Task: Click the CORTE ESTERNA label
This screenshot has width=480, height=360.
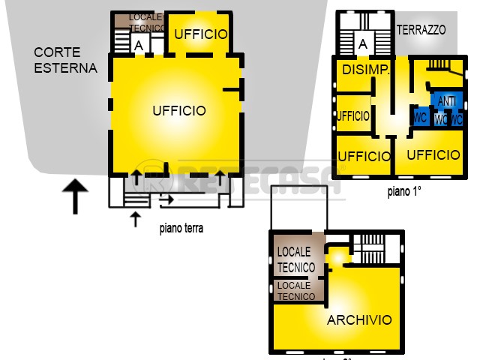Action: coord(65,61)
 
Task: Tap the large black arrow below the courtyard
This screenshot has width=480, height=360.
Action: coord(74,196)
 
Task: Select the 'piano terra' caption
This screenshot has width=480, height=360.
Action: coord(181,229)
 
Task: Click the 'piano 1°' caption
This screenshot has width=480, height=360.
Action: coord(404,191)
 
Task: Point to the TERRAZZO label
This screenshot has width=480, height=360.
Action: coord(421,31)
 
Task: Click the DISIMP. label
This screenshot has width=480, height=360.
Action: coord(365,70)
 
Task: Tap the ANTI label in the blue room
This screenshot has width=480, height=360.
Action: coord(447,101)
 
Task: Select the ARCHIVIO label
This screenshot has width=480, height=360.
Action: coord(359,320)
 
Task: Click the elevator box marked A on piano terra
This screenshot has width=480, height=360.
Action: coord(138,45)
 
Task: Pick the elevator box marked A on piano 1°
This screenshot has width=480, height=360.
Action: coord(363,44)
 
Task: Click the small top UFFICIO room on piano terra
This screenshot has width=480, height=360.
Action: coord(201,34)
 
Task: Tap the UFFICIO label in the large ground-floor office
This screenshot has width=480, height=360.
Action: coord(178,111)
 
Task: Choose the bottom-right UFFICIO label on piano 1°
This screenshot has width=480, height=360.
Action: coord(433,154)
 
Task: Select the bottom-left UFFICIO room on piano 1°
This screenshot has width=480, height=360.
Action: coord(364,156)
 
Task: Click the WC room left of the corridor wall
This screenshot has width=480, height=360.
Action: coord(420,118)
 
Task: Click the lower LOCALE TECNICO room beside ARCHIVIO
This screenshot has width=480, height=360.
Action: coord(296,291)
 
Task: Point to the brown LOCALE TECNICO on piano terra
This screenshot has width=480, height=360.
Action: coord(147,22)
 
